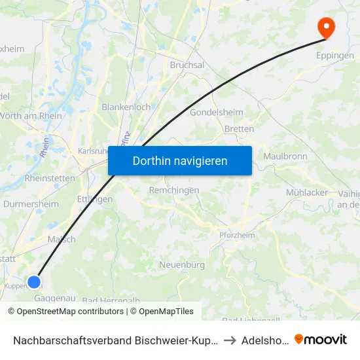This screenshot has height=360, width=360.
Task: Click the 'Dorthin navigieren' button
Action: (180, 160)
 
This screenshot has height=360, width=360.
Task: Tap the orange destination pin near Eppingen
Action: (325, 27)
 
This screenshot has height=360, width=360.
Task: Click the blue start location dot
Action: (33, 282)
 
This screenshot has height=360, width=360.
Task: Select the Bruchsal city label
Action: (187, 65)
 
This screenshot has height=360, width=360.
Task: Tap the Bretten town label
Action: (239, 129)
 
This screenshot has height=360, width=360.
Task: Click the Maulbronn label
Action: (285, 156)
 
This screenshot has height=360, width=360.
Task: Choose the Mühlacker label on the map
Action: (306, 192)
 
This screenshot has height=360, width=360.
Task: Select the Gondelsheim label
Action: (216, 113)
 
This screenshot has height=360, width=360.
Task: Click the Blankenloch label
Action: (126, 107)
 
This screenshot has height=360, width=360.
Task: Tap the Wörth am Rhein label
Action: (33, 116)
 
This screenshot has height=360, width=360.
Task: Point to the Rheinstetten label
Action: (50, 178)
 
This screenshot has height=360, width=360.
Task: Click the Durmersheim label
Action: (31, 204)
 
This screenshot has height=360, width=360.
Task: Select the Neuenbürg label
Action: (183, 265)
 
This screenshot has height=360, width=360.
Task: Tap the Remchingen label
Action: (174, 190)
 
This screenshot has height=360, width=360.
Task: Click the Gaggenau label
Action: (56, 298)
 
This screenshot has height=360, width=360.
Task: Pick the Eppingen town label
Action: (335, 56)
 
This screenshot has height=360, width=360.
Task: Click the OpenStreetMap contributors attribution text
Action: (66, 312)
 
